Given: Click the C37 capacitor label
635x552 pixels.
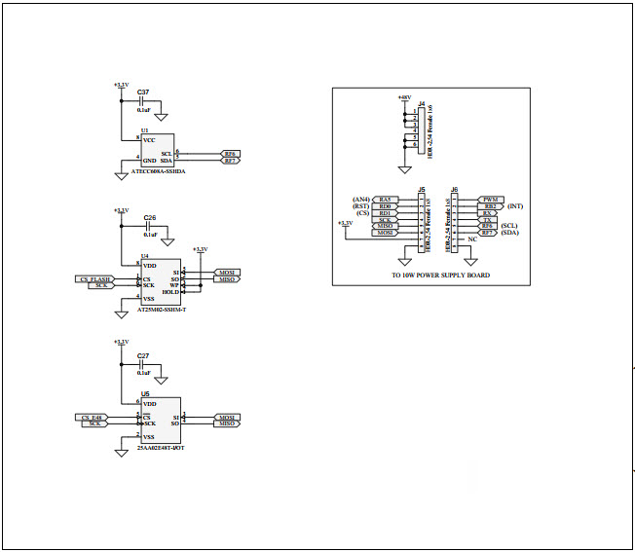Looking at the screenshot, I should coord(143,92).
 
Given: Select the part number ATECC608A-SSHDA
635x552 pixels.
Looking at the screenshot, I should coord(159,171).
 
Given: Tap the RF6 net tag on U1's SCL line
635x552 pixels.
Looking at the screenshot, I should coord(230,153).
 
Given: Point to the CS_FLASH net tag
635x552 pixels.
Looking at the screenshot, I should coord(95,278).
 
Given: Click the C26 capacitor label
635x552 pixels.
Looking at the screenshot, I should coord(149,218).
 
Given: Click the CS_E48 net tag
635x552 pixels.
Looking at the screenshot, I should coord(93,417).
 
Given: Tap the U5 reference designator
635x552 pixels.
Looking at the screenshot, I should coord(145,394).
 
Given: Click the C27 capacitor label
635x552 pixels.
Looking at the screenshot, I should coord(143,356).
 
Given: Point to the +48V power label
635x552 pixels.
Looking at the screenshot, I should coord(404,97).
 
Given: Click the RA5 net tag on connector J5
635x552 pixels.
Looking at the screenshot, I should coord(385,200).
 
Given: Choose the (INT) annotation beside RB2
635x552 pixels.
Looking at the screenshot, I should coord(515,206).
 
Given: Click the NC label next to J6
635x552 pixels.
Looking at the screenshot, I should coord(472,239).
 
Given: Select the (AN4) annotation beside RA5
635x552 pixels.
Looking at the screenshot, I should coord(360,200).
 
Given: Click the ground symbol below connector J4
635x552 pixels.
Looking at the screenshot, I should coord(404,169).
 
